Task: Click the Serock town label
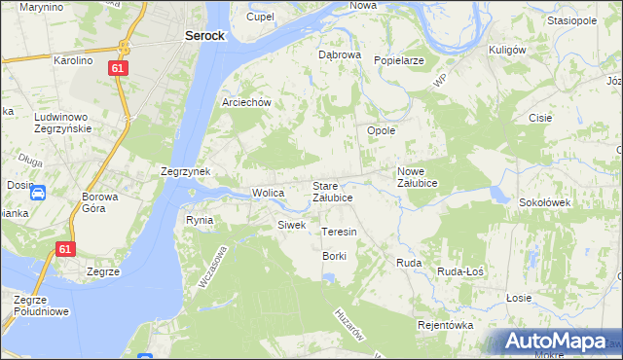(x=204, y=35)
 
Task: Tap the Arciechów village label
(x=252, y=102)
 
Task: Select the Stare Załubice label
(x=332, y=191)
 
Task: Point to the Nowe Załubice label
(x=418, y=177)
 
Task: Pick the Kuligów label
(x=507, y=50)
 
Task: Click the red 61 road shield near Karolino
(x=118, y=69)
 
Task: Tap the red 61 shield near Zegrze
(x=65, y=249)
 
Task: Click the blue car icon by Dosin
(x=37, y=193)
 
